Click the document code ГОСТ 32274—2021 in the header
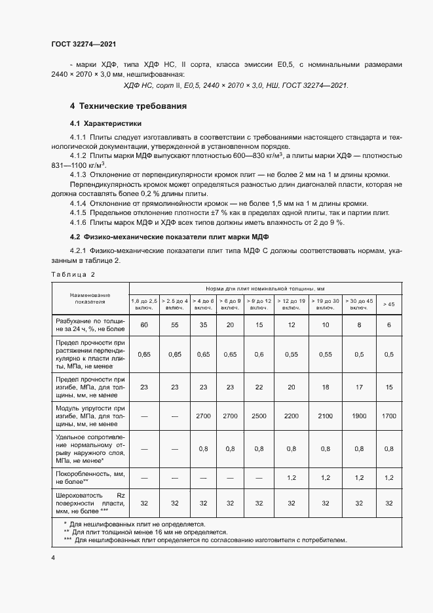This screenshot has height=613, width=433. point(85,43)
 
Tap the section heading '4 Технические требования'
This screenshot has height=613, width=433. point(128,106)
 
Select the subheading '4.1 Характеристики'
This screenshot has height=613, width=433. point(105,123)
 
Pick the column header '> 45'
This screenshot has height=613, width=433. point(388,304)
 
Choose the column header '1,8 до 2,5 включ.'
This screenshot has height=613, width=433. point(145,304)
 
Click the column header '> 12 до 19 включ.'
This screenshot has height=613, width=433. point(291,304)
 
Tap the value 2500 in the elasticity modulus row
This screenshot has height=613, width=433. point(259,416)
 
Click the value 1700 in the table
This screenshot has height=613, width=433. point(388,416)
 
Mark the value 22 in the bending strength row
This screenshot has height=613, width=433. point(259,387)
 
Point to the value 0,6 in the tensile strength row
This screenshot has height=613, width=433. point(259,355)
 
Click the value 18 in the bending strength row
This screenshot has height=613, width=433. point(326,387)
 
